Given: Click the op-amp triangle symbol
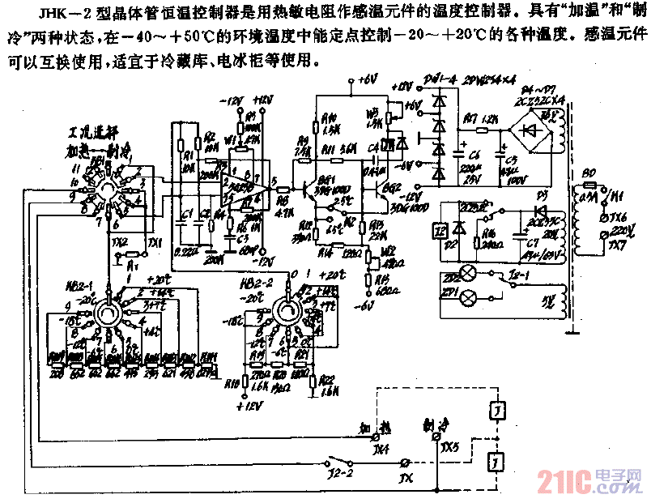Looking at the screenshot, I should click(x=255, y=185).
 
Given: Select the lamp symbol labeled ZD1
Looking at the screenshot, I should click(x=467, y=298).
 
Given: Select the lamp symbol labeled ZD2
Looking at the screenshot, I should click(x=467, y=272).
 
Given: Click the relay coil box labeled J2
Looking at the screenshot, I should click(x=438, y=229).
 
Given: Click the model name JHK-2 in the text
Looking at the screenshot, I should click(x=49, y=11).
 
